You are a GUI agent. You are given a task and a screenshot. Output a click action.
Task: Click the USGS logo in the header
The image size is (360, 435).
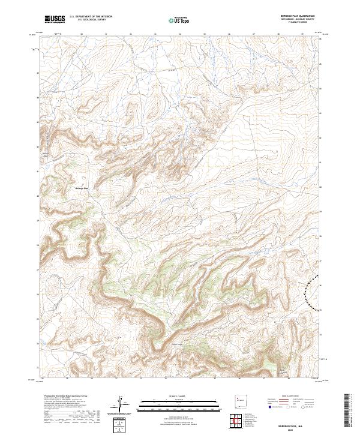coord(55,19)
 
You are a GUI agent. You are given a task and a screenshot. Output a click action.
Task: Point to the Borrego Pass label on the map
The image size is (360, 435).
coord(82,188)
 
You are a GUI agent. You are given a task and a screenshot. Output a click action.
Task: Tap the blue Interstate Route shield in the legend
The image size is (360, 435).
coord(268,406)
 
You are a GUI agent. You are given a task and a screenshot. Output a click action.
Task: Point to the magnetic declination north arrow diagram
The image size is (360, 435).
coord(122,404)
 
